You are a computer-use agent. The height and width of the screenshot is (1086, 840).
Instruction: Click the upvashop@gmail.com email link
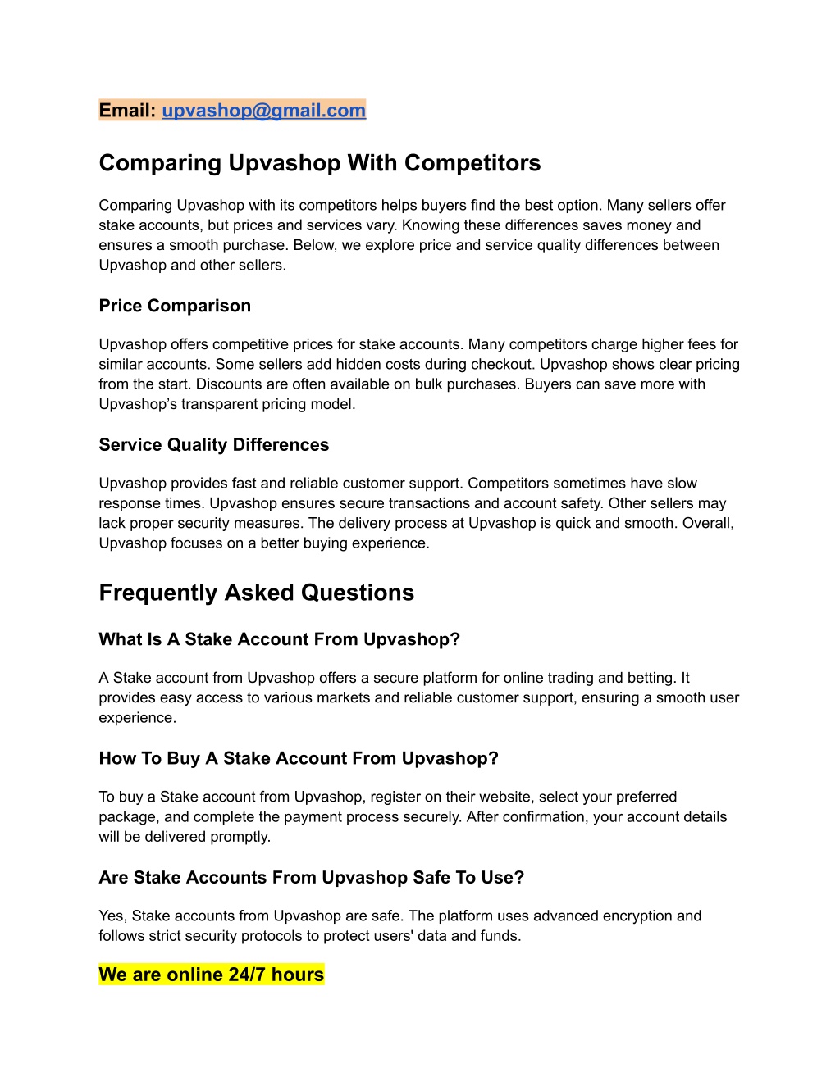pyautogui.click(x=263, y=111)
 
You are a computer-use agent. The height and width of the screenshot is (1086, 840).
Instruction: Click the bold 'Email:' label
pyautogui.click(x=127, y=111)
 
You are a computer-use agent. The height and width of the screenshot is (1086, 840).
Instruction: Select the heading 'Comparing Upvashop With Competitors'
pyautogui.click(x=319, y=163)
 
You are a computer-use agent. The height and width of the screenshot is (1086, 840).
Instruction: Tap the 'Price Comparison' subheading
pyautogui.click(x=175, y=306)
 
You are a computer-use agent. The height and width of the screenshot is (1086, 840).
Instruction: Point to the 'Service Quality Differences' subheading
pyautogui.click(x=213, y=445)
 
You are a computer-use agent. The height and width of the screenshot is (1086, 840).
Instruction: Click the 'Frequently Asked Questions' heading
pyautogui.click(x=256, y=593)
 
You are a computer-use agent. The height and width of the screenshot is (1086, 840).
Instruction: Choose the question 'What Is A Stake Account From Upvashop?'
pyautogui.click(x=279, y=639)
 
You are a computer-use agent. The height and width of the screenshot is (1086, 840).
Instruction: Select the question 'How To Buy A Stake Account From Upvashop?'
pyautogui.click(x=298, y=758)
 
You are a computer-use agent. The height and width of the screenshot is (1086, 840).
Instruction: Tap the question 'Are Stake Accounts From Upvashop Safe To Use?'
pyautogui.click(x=311, y=878)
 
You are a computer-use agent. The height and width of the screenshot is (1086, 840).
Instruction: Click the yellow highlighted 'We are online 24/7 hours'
pyautogui.click(x=211, y=975)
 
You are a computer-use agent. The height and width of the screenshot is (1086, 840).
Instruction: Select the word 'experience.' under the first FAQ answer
pyautogui.click(x=138, y=718)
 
